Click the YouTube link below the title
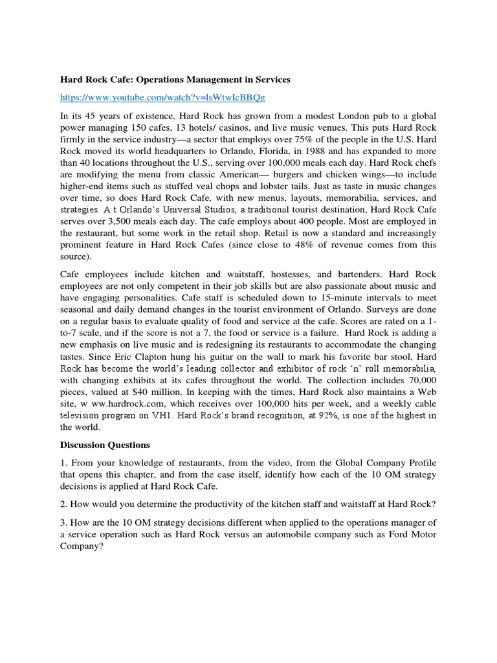[x=162, y=97]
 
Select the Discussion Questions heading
[x=105, y=445]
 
